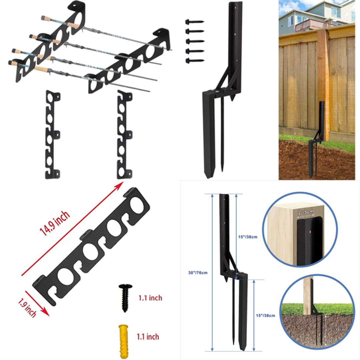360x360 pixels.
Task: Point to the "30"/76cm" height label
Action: pyautogui.click(x=198, y=273)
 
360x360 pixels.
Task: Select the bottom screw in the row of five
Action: pyautogui.click(x=194, y=61)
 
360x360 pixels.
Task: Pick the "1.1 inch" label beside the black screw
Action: pyautogui.click(x=150, y=298)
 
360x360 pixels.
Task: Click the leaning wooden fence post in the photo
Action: pyautogui.click(x=323, y=83)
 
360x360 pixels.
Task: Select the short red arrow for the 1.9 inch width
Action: pyautogui.click(x=37, y=302)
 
